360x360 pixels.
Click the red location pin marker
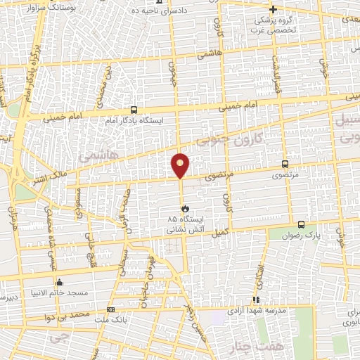click(x=181, y=165)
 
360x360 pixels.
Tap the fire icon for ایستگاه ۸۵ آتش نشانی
click(x=185, y=208)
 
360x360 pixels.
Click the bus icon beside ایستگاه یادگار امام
click(x=134, y=110)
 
